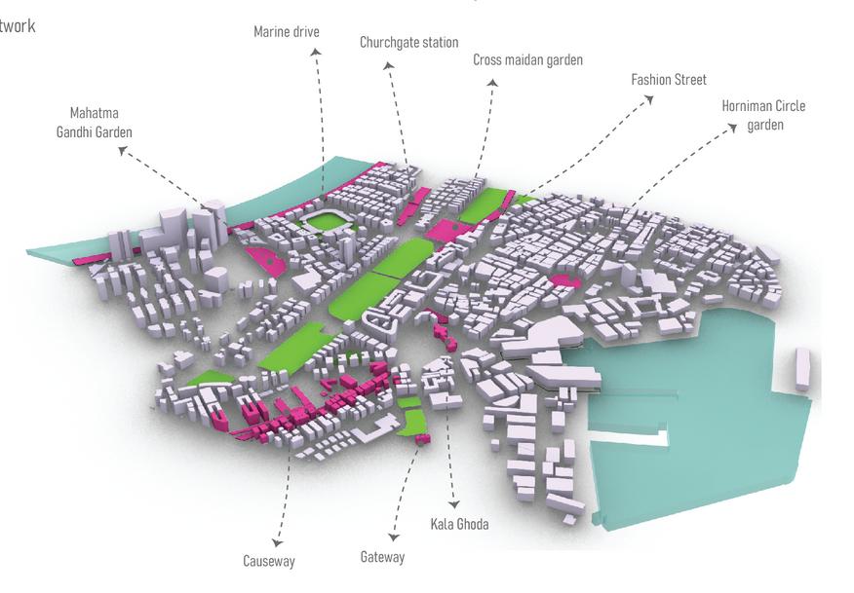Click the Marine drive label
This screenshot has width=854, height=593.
pyautogui.click(x=286, y=32)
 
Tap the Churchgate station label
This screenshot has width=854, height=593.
pyautogui.click(x=408, y=43)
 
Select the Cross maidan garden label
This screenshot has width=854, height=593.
pyautogui.click(x=527, y=60)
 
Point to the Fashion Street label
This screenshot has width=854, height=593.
pyautogui.click(x=669, y=79)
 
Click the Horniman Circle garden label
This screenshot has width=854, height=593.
pyautogui.click(x=763, y=115)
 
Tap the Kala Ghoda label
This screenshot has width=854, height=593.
pyautogui.click(x=459, y=525)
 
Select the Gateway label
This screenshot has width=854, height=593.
pyautogui.click(x=381, y=557)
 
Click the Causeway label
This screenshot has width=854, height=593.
pyautogui.click(x=268, y=561)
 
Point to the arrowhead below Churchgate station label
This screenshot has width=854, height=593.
pyautogui.click(x=388, y=66)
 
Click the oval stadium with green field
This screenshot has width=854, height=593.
pyautogui.click(x=323, y=222)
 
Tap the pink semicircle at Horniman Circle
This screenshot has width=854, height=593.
pyautogui.click(x=565, y=281)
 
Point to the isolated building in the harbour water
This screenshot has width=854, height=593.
pyautogui.click(x=802, y=370)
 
